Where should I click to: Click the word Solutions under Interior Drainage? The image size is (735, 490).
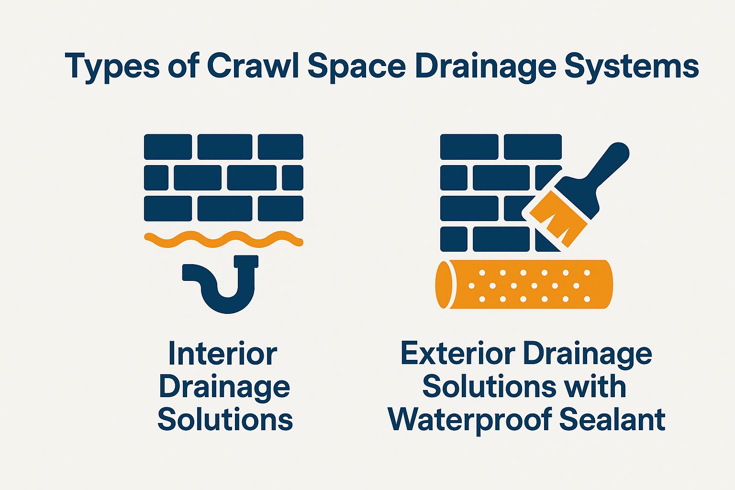coord(225,419)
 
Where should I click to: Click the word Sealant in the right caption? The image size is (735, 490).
coord(612,419)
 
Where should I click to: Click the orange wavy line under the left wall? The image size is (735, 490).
coord(223,238)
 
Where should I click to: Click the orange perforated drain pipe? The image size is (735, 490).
coord(524,285)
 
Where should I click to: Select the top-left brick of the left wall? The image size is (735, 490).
coord(168,146)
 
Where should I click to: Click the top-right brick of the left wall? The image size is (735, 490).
coord(280,146)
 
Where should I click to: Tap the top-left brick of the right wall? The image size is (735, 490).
coord(469,146)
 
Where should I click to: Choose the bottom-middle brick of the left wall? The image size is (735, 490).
coord(224,209)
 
